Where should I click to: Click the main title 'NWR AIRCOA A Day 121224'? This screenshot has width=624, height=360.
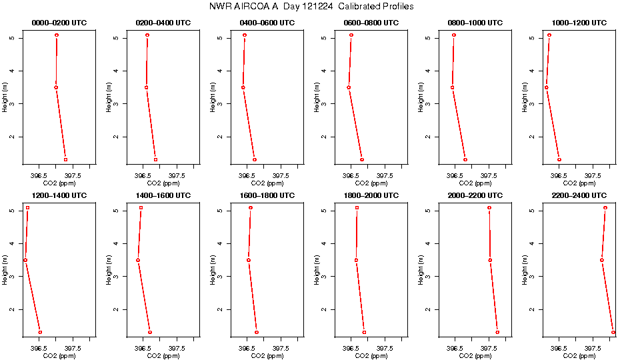[x=311, y=7]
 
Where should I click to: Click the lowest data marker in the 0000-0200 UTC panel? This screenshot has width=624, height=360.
[x=65, y=160]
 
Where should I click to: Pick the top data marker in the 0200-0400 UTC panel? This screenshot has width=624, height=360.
[x=147, y=35]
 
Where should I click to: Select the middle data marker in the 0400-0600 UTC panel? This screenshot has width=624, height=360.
[x=243, y=87]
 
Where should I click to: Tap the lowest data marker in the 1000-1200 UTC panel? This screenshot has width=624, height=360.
[x=559, y=160]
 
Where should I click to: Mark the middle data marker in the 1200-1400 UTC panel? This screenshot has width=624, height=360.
[x=25, y=260]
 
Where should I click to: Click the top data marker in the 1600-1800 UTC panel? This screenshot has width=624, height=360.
[x=251, y=208]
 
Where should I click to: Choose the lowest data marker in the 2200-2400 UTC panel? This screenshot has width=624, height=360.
[x=613, y=332]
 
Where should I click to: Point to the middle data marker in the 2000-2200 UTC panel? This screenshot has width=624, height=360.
[x=490, y=260]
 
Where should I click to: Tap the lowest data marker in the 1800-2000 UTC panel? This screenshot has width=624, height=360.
[x=364, y=332]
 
